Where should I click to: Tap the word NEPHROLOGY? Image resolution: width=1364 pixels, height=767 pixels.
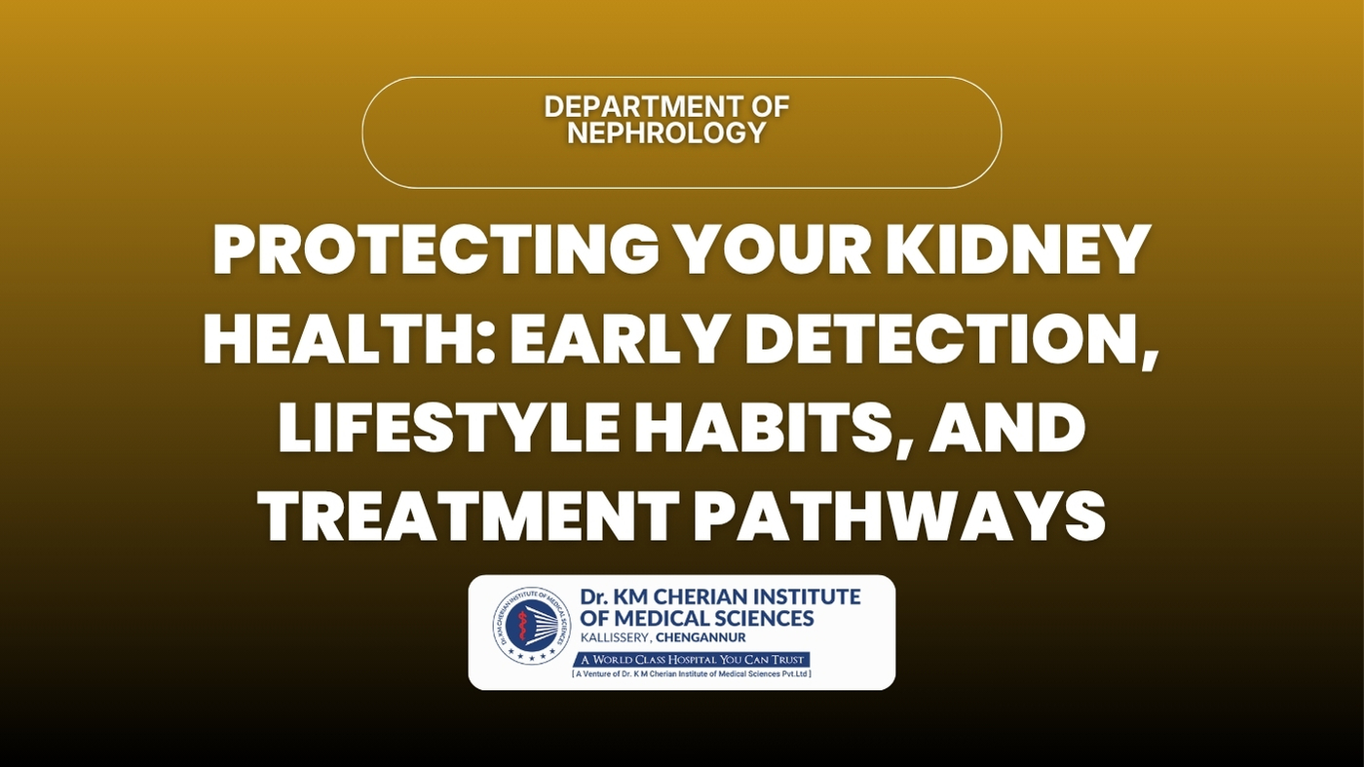click(666, 133)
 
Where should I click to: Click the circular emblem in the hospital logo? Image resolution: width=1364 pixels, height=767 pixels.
click(533, 625)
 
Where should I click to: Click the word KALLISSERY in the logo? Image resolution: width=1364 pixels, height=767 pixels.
click(615, 638)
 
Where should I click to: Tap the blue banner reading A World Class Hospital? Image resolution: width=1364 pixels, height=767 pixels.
click(692, 660)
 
